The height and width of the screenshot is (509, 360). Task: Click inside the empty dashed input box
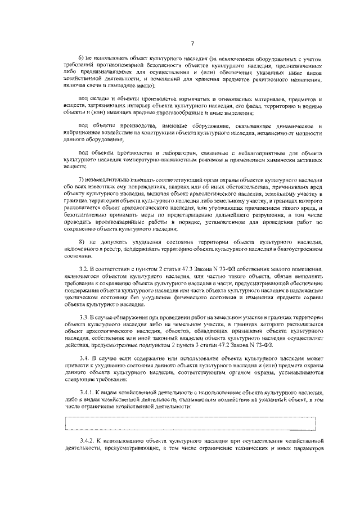pos(191,422)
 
